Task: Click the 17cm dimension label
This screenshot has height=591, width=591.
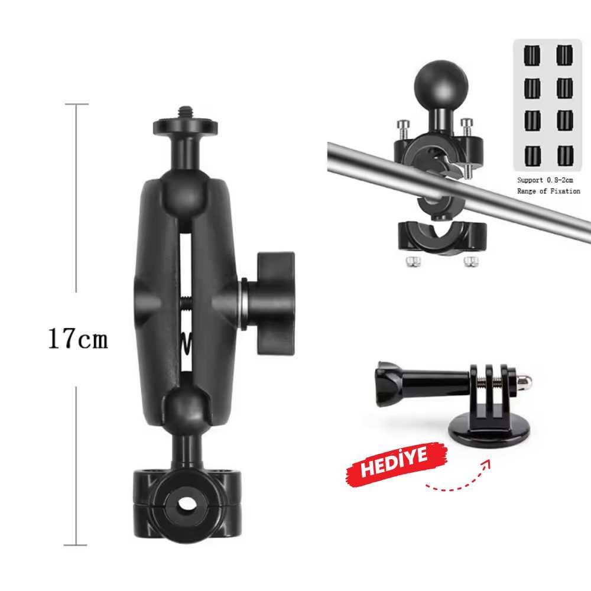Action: [x=78, y=338]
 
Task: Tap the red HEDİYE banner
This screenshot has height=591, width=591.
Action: [x=397, y=464]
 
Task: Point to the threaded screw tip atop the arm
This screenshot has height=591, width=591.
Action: [x=184, y=112]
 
